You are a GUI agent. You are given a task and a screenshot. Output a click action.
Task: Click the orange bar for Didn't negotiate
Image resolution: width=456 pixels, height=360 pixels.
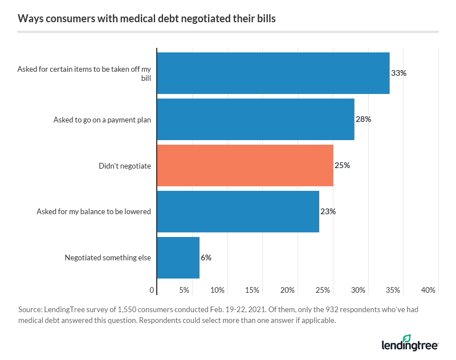(x=245, y=165)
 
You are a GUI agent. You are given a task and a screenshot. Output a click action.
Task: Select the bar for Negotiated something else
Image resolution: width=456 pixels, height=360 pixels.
(x=178, y=257)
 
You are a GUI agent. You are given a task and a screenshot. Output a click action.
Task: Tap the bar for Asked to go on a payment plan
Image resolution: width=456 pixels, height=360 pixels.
(x=255, y=120)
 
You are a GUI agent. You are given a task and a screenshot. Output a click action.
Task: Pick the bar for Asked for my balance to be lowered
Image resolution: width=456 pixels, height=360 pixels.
(x=238, y=211)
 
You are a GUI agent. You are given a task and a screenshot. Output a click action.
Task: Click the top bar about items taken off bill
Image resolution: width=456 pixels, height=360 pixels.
(x=273, y=73)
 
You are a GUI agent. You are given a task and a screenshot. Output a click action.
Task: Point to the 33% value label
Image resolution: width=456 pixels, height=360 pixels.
(x=398, y=73)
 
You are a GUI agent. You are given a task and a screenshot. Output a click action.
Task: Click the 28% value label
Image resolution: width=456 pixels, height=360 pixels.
(x=364, y=120)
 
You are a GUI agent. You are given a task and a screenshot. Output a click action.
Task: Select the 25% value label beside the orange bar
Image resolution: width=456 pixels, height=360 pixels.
(x=342, y=166)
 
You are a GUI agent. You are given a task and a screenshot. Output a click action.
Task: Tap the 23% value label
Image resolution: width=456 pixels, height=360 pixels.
(x=328, y=211)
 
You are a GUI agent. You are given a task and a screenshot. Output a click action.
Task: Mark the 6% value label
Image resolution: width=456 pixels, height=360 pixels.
(x=206, y=257)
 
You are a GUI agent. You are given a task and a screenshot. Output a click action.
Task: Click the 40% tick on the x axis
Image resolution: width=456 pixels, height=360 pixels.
(x=429, y=291)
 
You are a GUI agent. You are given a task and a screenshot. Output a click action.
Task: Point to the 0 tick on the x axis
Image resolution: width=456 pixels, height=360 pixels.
(x=152, y=291)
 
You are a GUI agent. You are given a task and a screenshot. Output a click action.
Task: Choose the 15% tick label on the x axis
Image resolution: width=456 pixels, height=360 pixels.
(x=253, y=291)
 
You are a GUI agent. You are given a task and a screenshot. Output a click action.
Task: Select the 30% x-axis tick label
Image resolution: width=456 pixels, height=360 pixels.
(x=358, y=291)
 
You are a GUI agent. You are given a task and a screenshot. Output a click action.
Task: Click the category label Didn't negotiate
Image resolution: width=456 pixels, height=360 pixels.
(x=125, y=166)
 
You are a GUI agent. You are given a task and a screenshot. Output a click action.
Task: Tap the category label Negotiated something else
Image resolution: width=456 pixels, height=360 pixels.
(x=108, y=257)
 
